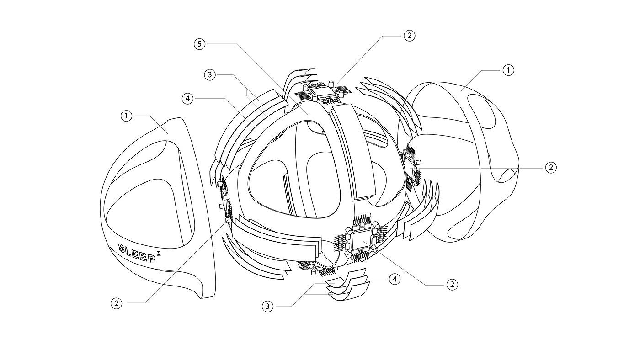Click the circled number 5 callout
[x=199, y=44]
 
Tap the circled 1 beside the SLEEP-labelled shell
[x=126, y=116]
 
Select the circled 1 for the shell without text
[x=508, y=70]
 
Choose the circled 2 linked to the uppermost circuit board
[x=410, y=35]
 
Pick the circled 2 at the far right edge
[x=551, y=168]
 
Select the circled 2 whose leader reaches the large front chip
[x=452, y=285]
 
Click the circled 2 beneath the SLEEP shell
[x=117, y=302]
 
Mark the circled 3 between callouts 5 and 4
[x=209, y=75]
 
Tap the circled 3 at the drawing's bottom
[x=268, y=306]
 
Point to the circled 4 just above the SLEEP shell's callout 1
[x=187, y=98]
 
